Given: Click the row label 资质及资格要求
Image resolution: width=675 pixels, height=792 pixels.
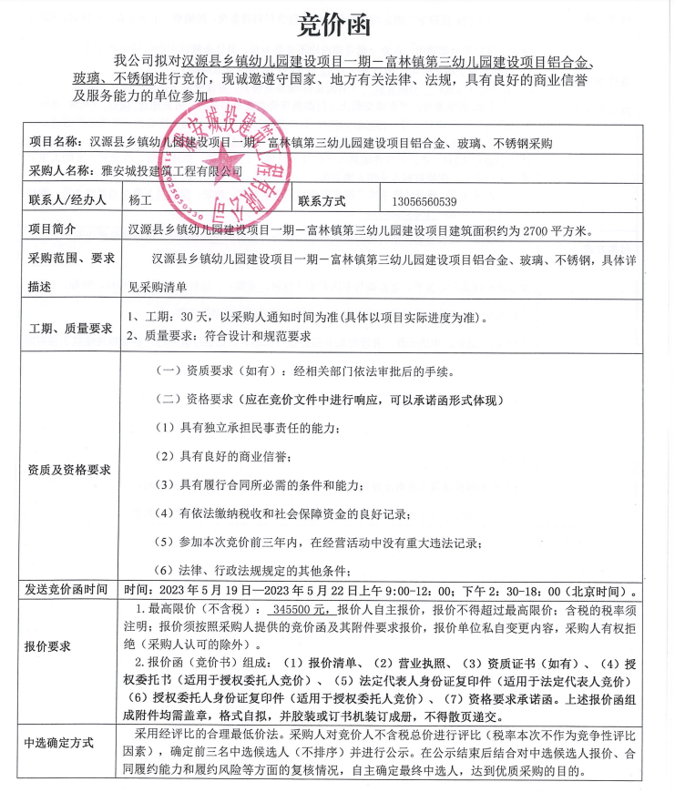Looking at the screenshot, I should coord(69,470).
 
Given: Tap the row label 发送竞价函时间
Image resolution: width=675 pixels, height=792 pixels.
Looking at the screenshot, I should coord(69,591).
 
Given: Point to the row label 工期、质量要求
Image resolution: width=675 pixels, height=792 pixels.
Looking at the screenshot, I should coord(69,328).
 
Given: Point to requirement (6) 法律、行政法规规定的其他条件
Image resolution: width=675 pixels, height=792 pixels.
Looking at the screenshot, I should coord(255,571).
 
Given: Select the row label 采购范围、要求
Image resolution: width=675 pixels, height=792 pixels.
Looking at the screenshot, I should coord(69,259).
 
